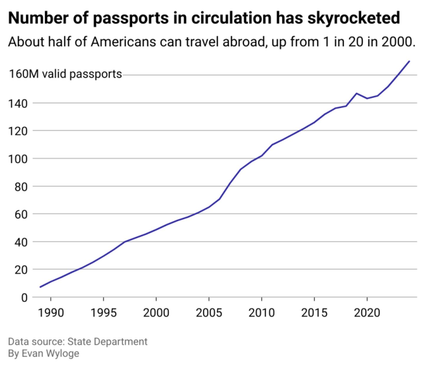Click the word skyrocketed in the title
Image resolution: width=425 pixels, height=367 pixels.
coord(354,18)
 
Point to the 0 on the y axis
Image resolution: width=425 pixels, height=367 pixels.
coord(24,297)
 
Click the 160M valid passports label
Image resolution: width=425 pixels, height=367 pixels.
coord(65,74)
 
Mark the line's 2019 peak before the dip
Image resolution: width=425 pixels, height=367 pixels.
coord(357,93)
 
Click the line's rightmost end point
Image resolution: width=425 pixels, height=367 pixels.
coord(409,61)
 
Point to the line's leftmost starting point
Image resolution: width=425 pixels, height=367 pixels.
coord(40,287)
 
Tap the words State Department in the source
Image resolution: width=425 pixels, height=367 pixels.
coord(107,342)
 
